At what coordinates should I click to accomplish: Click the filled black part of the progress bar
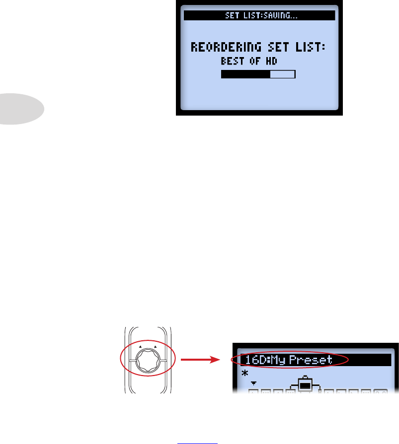(245, 74)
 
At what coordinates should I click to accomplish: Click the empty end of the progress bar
(283, 74)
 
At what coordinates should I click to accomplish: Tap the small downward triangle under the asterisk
(254, 382)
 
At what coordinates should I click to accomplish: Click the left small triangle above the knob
(140, 347)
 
